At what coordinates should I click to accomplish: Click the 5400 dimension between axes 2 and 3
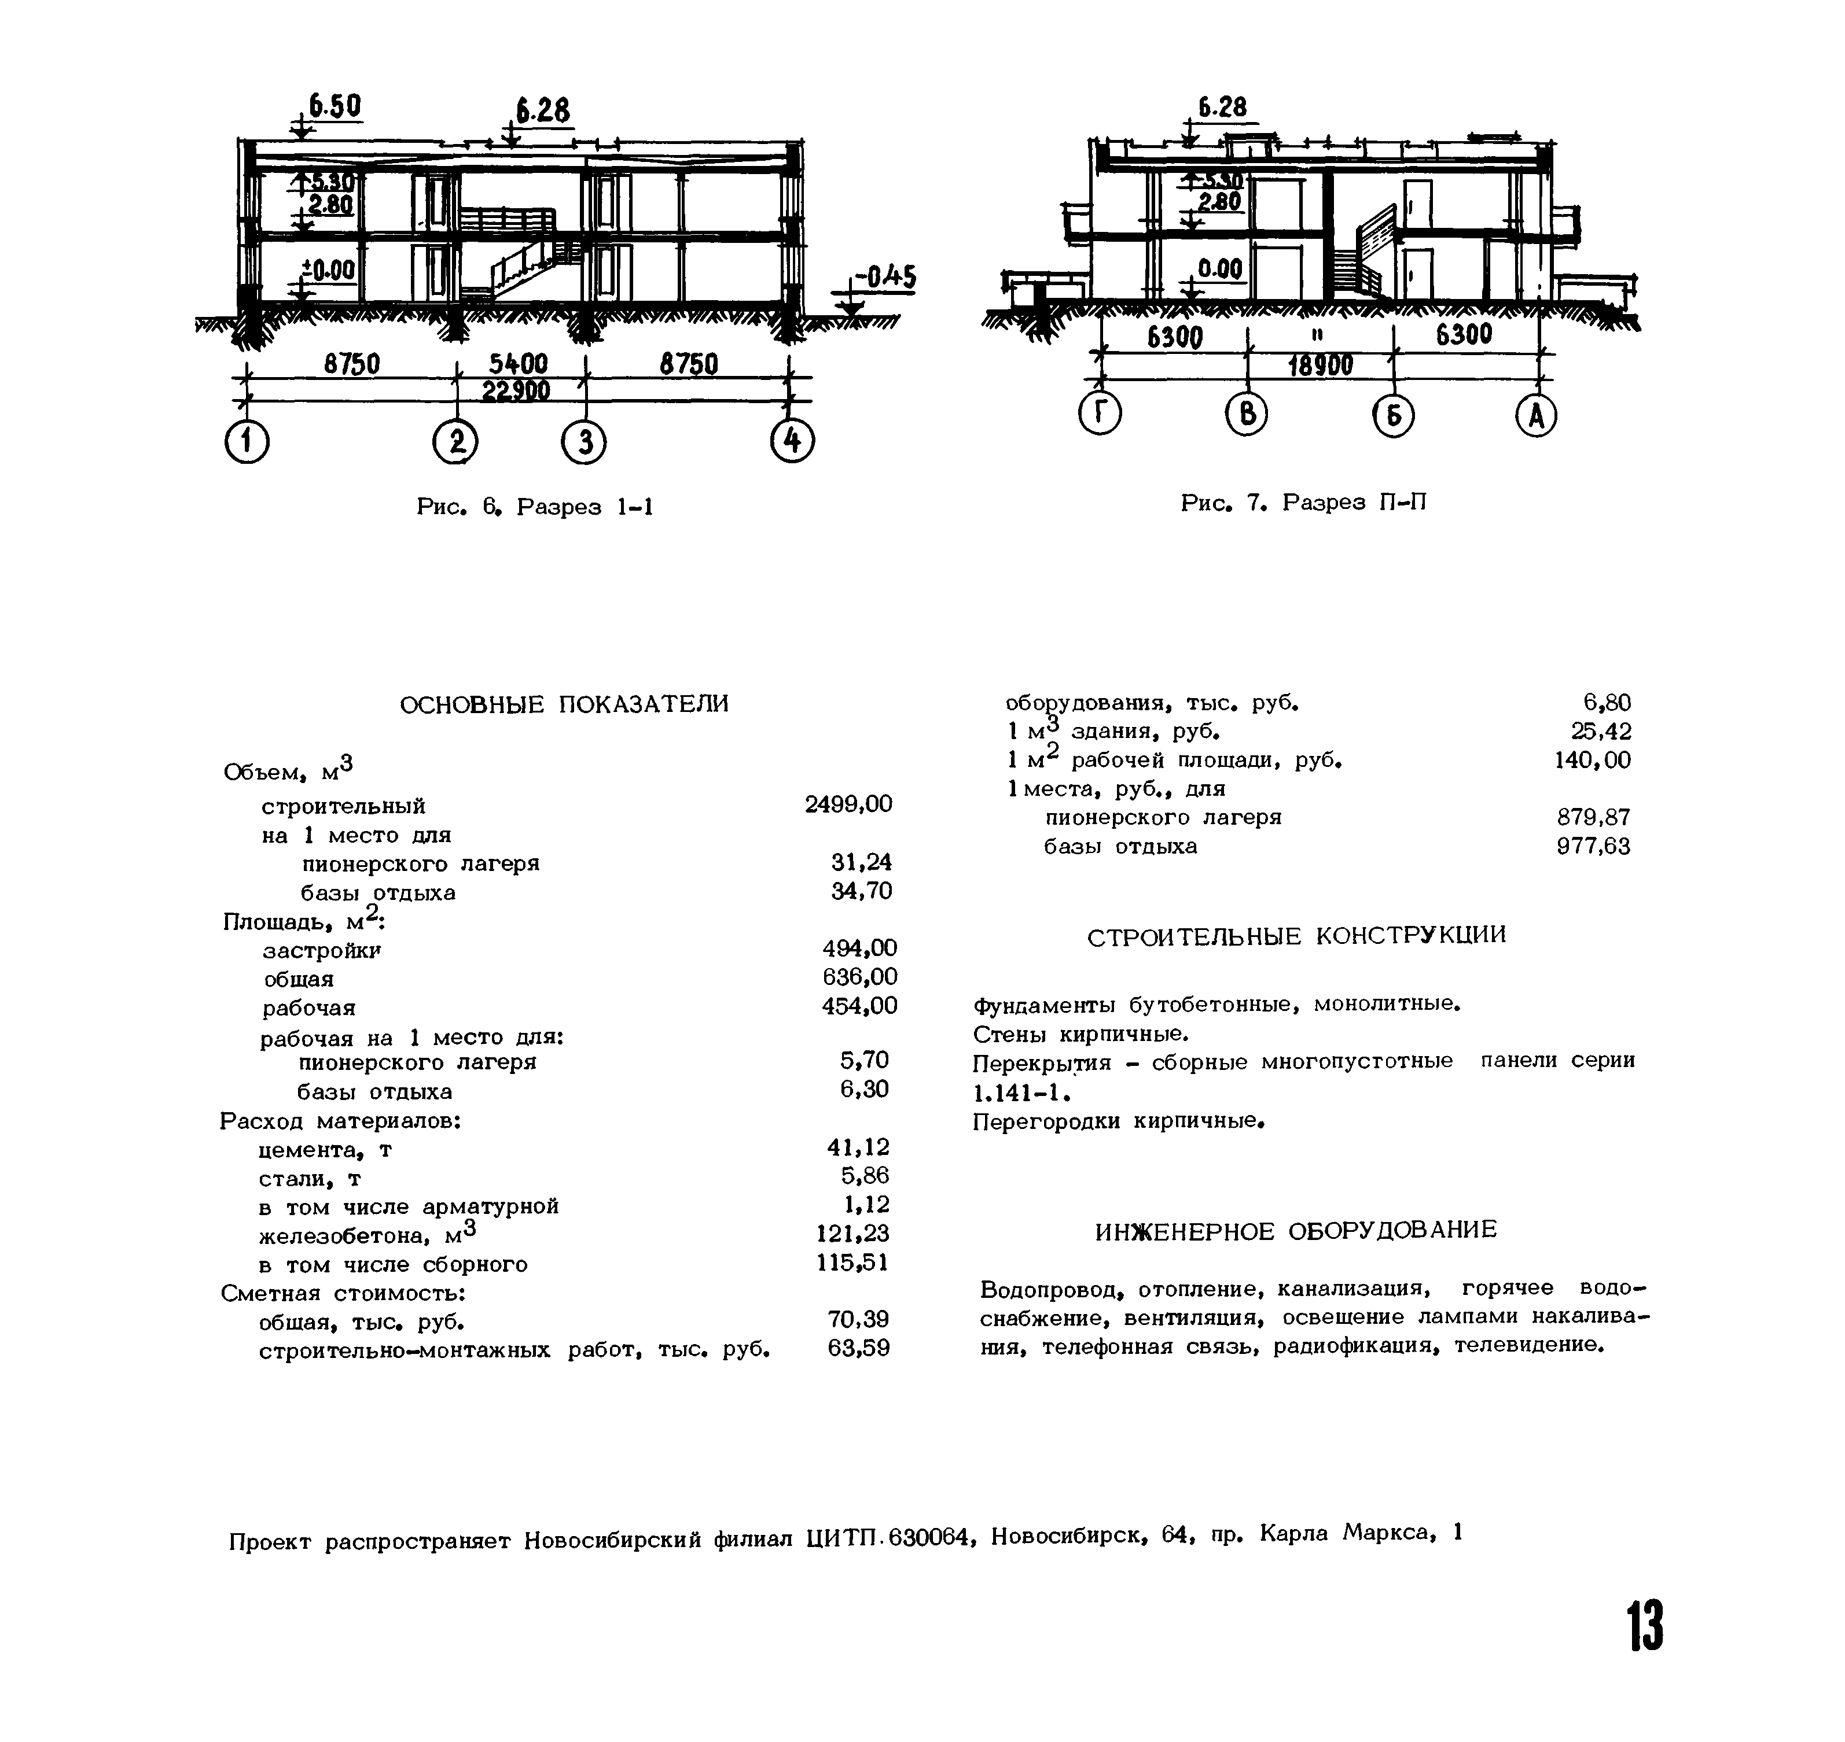point(519,364)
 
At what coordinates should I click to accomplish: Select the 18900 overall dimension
point(1320,367)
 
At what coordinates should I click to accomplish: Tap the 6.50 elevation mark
point(335,107)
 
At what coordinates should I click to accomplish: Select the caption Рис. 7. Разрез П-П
point(1303,503)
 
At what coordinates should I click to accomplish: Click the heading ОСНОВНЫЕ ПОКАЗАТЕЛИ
point(564,705)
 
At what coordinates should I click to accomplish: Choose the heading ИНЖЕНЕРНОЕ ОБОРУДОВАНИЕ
point(1296,1230)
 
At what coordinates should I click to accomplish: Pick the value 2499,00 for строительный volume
point(848,804)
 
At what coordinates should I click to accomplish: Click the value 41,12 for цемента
point(858,1147)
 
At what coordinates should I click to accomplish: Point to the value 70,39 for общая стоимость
point(858,1319)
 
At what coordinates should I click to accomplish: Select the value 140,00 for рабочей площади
point(1592,761)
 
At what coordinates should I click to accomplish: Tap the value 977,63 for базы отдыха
point(1593,847)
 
